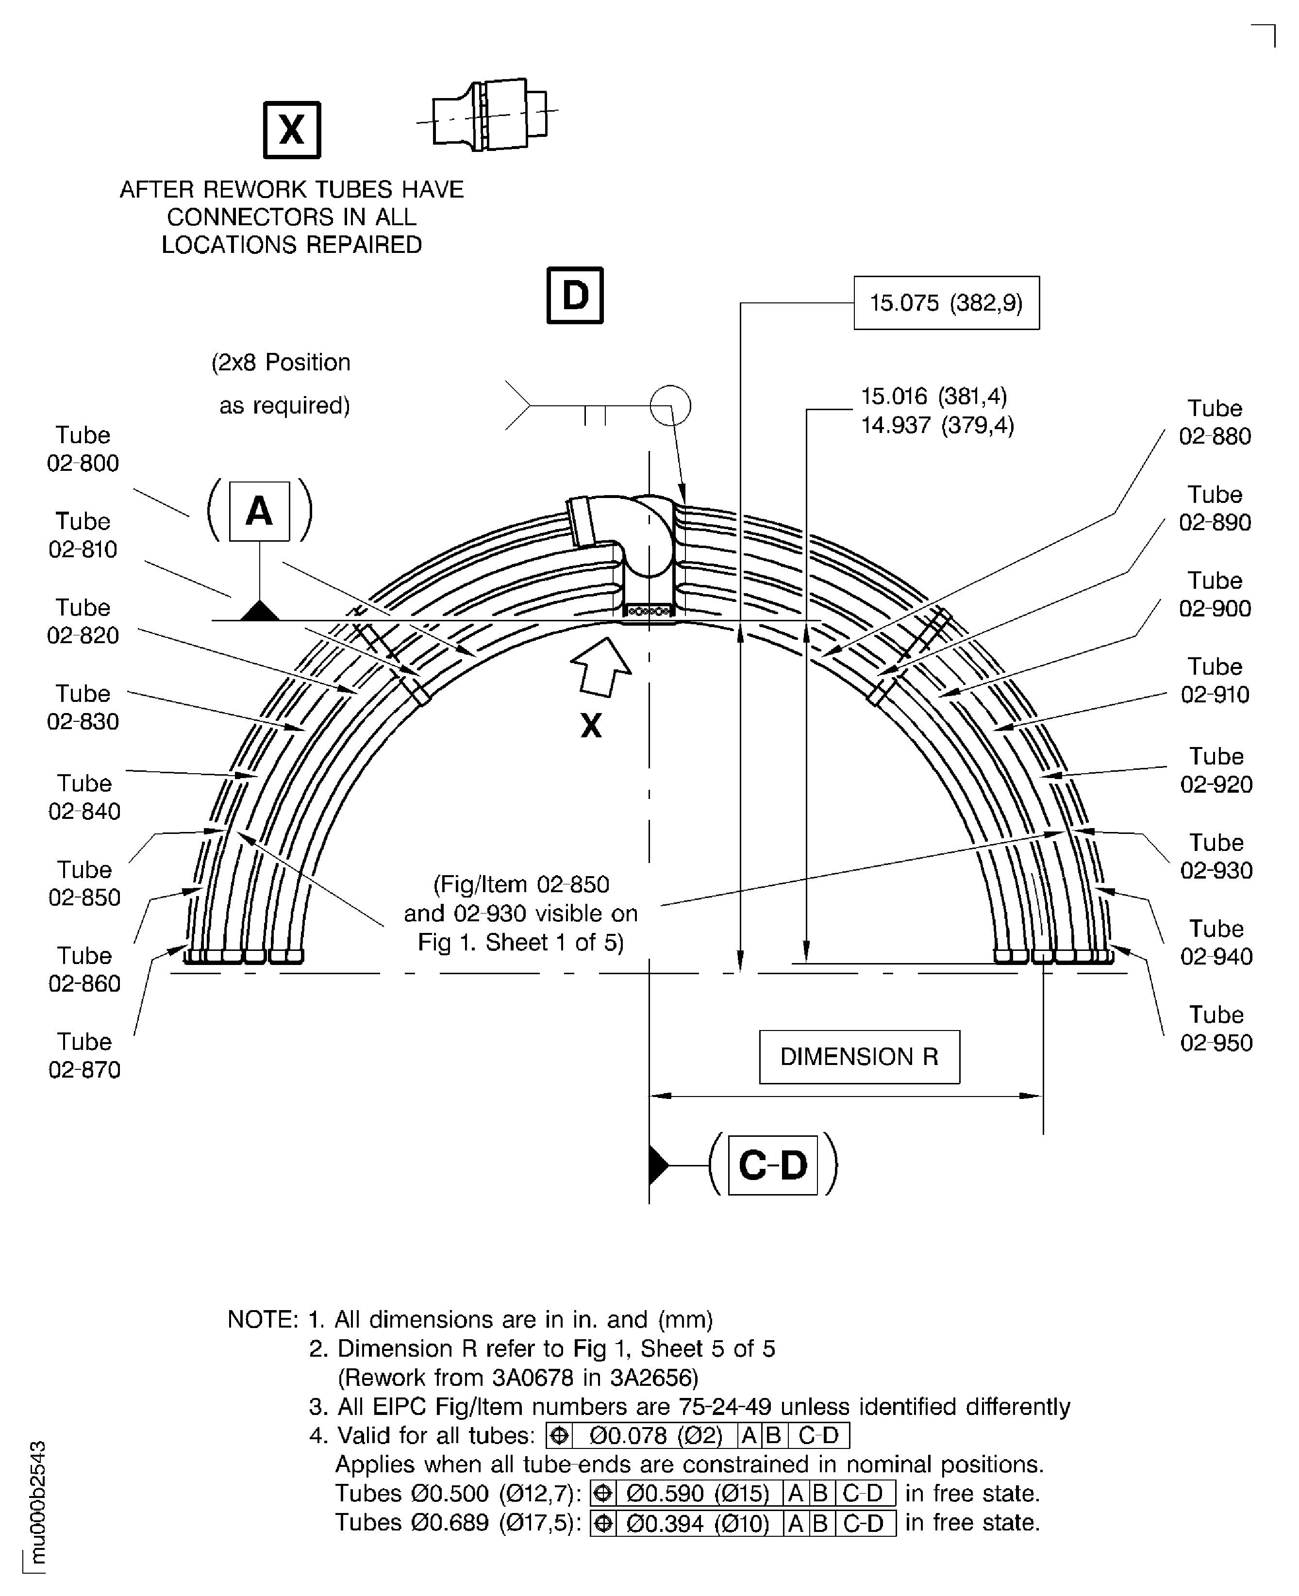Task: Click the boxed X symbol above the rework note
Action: [x=292, y=130]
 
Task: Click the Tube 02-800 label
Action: [x=83, y=449]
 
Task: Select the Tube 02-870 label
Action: [x=84, y=1055]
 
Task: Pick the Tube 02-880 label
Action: [x=1215, y=422]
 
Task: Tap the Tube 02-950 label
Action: [x=1216, y=1028]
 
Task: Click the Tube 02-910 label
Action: [x=1215, y=680]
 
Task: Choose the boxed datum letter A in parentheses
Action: [x=259, y=511]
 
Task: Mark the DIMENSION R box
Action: [x=859, y=1057]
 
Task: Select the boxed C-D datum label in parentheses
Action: [x=772, y=1165]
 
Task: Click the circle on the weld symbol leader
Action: [x=670, y=405]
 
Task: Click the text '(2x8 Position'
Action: [x=281, y=362]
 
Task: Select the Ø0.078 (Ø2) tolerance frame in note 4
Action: [x=698, y=1435]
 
